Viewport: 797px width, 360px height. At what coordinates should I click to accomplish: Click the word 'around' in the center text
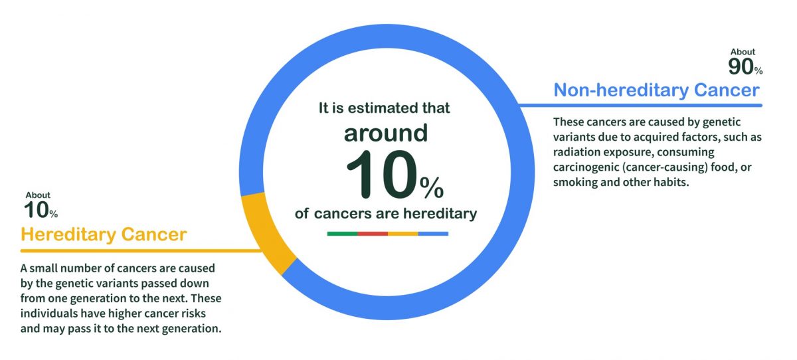pos(386,134)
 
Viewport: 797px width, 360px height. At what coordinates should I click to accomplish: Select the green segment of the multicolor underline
pos(342,234)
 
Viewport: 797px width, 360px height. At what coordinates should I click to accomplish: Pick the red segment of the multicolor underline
pos(373,234)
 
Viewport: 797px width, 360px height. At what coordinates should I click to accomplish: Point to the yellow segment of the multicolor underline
pos(402,234)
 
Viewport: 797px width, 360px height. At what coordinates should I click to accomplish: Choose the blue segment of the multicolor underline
pos(433,234)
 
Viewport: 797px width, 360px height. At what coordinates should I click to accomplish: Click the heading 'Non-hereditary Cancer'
pos(656,90)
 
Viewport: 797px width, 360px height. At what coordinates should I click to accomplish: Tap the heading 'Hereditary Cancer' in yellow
pos(104,234)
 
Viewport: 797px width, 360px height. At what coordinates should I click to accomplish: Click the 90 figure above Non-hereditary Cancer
pos(741,66)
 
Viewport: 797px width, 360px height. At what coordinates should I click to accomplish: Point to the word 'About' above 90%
pos(743,52)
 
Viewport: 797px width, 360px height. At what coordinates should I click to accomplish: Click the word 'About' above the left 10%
pos(38,195)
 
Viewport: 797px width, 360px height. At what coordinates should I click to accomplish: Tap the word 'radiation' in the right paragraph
pos(576,152)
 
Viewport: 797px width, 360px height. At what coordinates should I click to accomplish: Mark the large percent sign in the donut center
pos(432,189)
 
